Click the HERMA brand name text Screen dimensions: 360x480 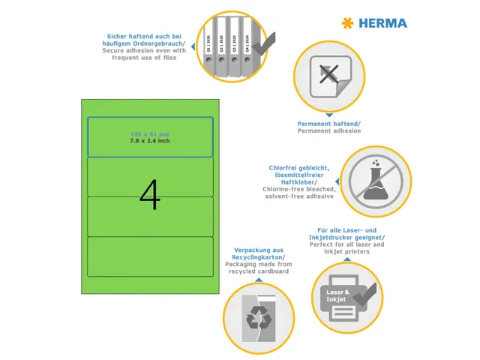point(382,23)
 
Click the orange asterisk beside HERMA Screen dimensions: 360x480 point(346,23)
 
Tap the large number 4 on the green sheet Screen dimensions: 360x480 point(150,196)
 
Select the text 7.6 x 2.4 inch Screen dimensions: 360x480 point(150,140)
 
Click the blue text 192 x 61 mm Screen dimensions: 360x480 point(150,133)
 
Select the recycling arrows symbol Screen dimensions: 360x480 point(257,313)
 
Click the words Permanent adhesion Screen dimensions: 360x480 point(329,130)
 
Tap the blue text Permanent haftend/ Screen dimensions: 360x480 point(329,123)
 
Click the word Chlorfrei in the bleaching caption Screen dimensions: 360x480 point(282,168)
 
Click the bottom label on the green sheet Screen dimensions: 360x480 point(150,256)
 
